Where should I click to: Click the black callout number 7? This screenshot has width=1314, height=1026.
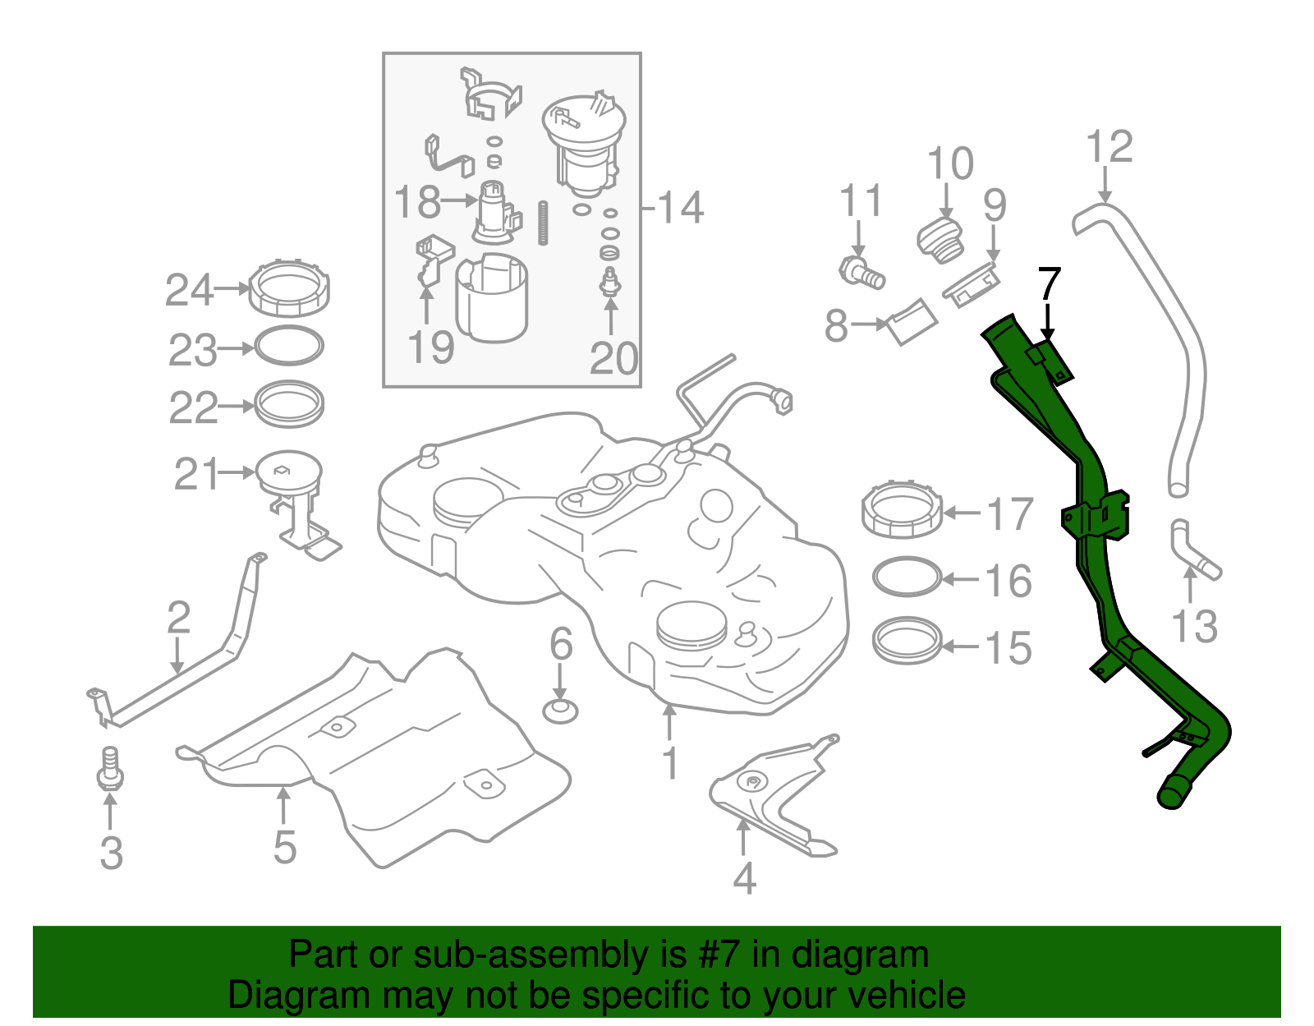1049,285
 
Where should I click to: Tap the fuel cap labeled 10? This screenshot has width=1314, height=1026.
941,242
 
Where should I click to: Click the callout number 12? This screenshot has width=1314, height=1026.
1109,146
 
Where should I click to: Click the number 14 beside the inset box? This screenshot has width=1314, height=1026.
680,207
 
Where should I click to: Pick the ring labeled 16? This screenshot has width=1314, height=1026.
907,576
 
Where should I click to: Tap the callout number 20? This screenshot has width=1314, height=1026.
613,359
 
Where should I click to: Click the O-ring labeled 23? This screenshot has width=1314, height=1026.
289,346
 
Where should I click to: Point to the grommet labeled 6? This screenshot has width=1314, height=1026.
561,711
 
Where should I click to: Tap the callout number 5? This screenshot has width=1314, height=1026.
285,847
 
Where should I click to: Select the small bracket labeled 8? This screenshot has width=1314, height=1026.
912,322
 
